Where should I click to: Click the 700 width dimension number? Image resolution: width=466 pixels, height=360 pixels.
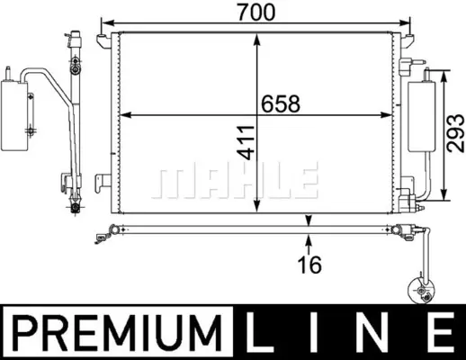click(255, 13)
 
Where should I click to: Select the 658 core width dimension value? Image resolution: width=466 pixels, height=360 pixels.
click(281, 103)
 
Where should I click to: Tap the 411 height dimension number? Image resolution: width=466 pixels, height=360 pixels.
click(246, 142)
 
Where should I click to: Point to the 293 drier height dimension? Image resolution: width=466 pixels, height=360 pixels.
click(455, 133)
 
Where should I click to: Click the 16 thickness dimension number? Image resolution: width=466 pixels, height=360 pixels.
click(309, 265)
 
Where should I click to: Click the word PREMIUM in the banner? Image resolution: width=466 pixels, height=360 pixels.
click(118, 333)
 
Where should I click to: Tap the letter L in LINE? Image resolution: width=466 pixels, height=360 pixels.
click(261, 332)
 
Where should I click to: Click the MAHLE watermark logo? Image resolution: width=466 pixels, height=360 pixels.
click(236, 180)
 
